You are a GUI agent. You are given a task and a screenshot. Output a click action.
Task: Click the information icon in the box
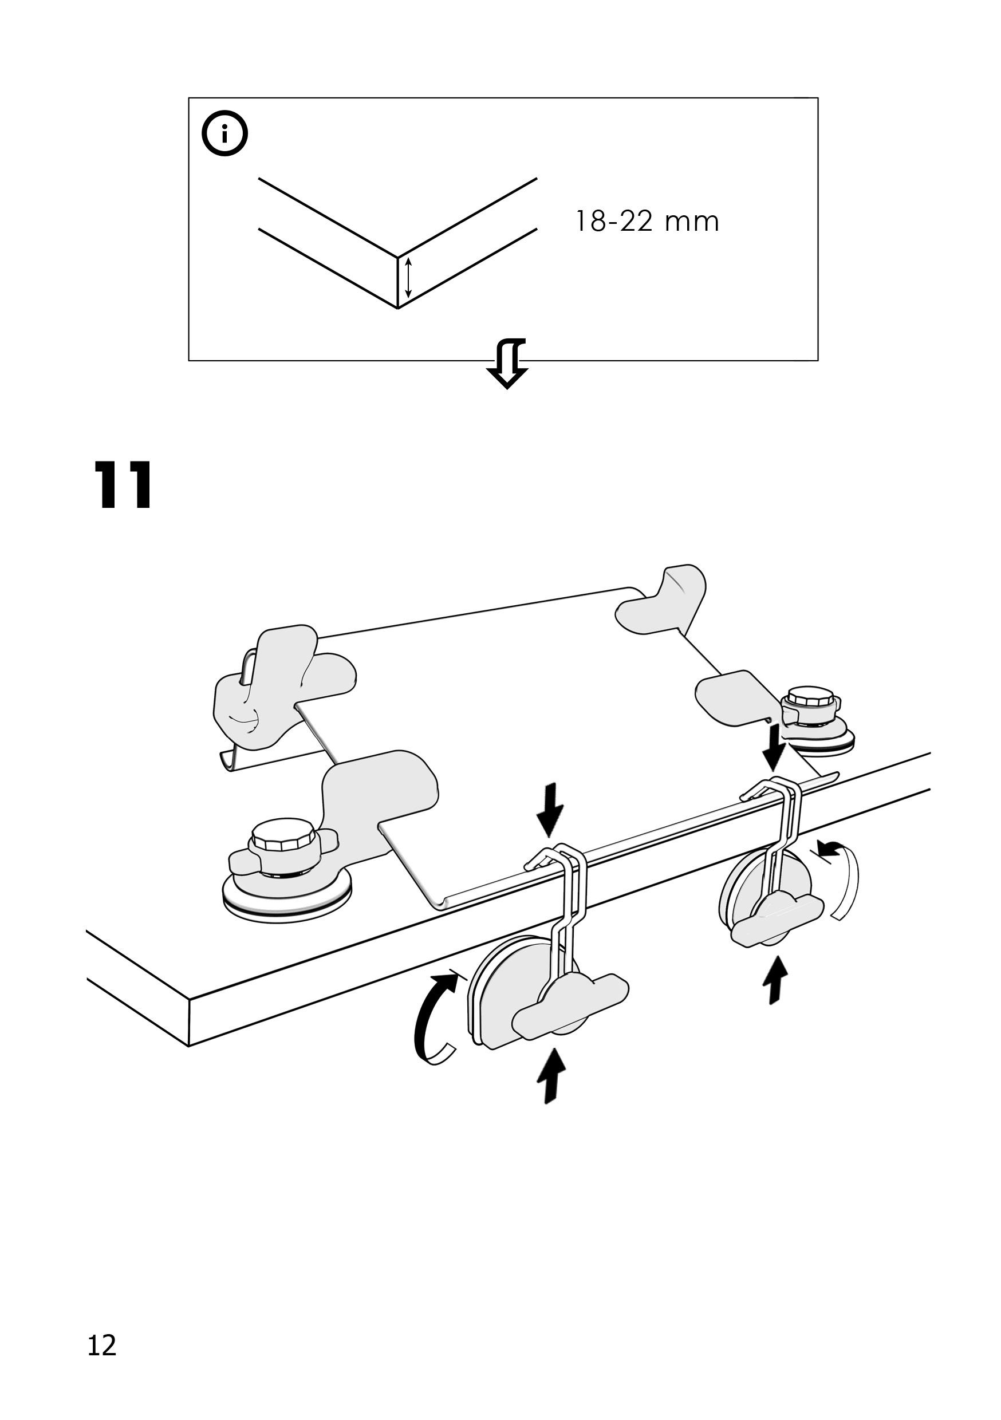(x=224, y=133)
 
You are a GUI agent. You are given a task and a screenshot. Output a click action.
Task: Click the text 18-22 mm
(x=647, y=222)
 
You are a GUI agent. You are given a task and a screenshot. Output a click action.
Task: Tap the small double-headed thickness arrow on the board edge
(x=408, y=278)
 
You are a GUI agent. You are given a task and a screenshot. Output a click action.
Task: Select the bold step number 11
(x=123, y=486)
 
